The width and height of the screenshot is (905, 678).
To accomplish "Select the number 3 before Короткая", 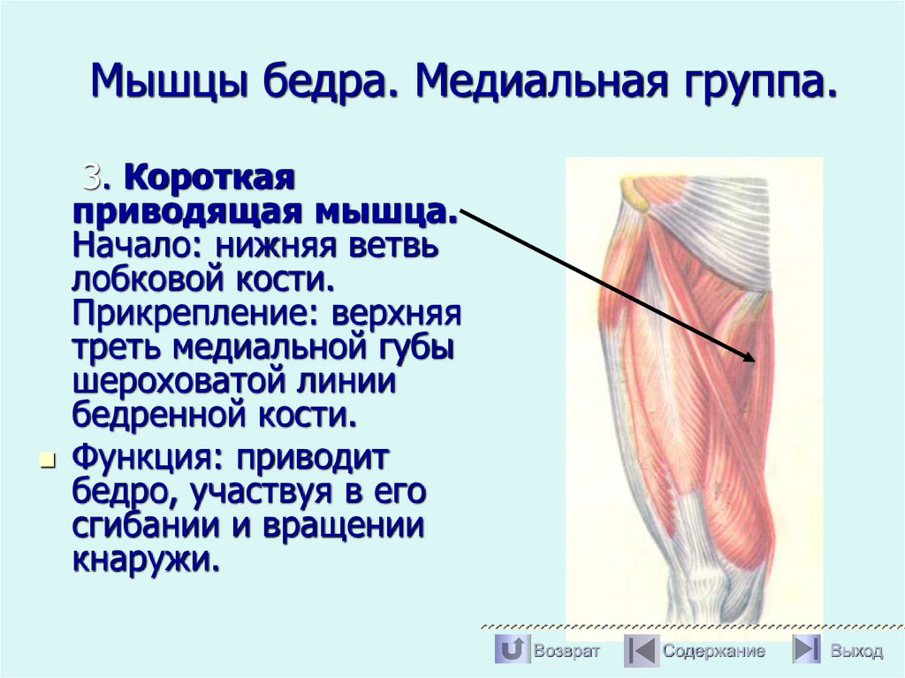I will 92,178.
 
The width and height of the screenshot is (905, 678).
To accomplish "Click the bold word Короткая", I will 208,179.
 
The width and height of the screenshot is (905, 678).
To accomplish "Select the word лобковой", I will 135,279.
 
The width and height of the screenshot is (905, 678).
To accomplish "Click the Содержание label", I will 714,651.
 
